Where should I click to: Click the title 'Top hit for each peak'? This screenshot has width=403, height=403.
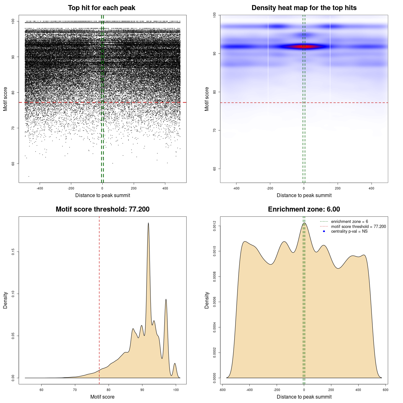(x=101, y=8)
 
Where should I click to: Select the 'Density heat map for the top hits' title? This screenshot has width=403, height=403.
(x=304, y=8)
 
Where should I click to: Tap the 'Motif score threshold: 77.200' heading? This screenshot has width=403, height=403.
(x=102, y=209)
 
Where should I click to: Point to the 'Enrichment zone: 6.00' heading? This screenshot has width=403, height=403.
(x=304, y=209)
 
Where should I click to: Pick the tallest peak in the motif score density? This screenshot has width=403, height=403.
(x=148, y=224)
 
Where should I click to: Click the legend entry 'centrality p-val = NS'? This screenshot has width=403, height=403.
(x=349, y=231)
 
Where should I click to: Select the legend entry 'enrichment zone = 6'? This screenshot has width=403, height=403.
(x=349, y=222)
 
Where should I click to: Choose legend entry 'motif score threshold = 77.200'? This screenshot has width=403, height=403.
(x=358, y=226)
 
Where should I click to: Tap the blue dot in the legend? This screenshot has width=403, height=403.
(x=324, y=231)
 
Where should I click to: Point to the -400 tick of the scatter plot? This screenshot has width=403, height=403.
(x=40, y=188)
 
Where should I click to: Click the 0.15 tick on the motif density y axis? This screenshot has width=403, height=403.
(x=13, y=252)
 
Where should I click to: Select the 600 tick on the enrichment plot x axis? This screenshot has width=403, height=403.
(x=385, y=390)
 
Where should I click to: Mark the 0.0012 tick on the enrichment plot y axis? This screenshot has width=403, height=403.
(x=214, y=226)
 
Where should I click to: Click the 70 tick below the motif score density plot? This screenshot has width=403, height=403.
(x=75, y=390)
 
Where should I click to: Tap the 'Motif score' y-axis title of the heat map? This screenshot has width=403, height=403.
(x=207, y=99)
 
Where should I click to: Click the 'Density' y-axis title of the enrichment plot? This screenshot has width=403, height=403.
(x=207, y=300)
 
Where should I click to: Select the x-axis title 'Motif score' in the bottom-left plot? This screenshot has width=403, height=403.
(x=102, y=397)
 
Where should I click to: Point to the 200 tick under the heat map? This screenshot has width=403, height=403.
(x=338, y=188)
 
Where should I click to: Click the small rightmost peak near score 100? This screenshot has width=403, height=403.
(x=175, y=364)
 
